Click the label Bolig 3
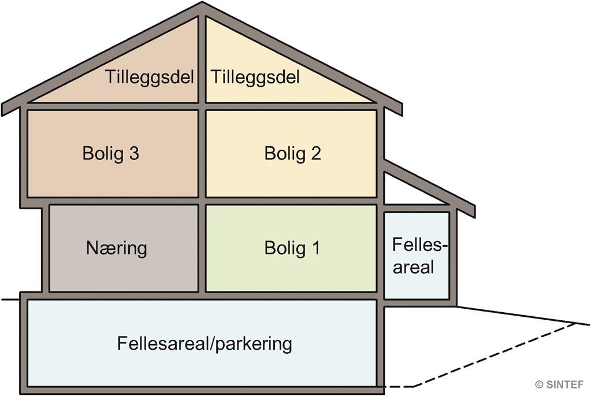111,154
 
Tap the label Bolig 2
292,154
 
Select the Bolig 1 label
292,248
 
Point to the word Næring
117,248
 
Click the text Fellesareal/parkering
205,343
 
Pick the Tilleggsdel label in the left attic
150,77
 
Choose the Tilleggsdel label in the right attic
255,77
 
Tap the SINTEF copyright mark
559,384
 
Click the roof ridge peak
202,2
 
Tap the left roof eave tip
2,109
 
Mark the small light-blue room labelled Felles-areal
417,256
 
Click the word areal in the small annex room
414,267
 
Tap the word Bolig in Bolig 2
285,154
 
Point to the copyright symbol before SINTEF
540,384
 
